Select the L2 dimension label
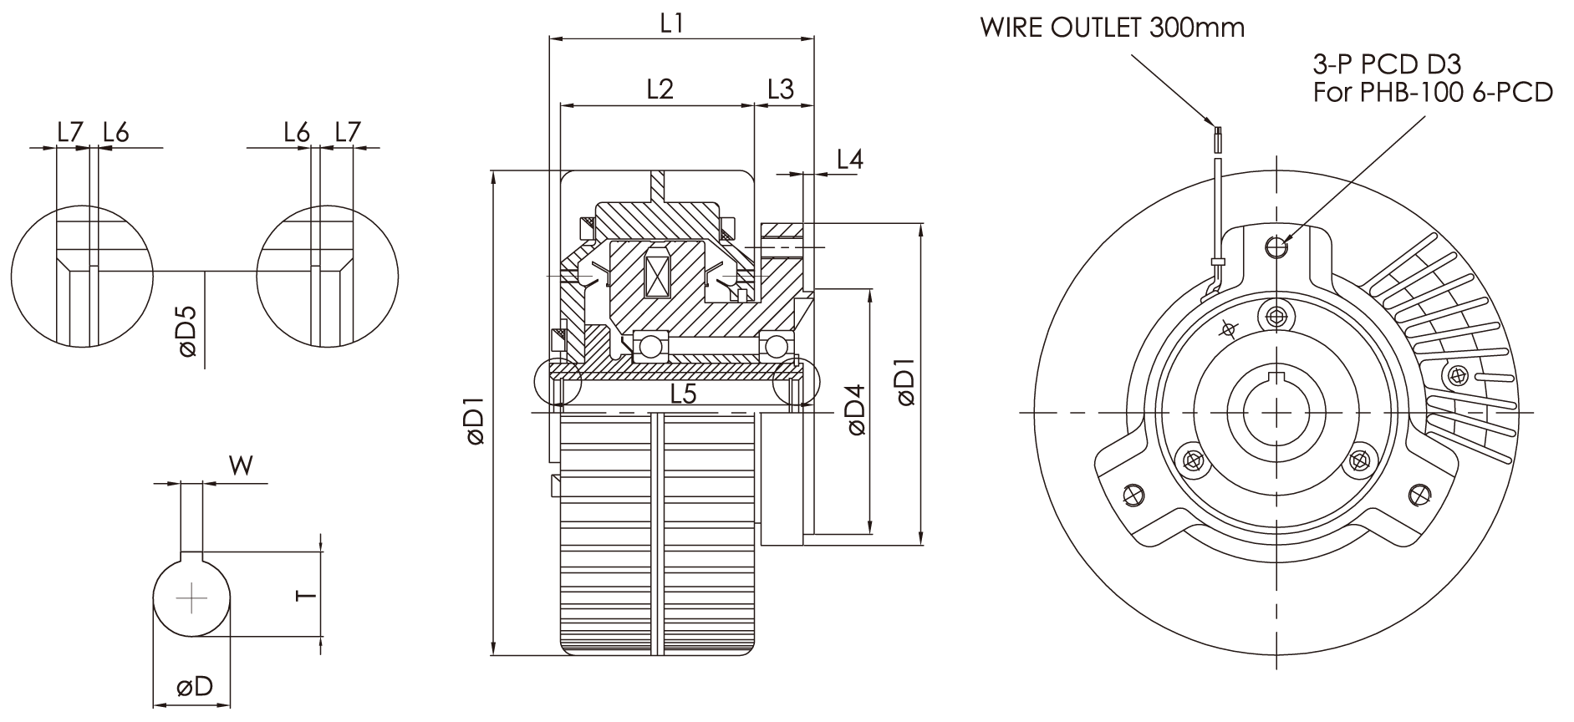tap(660, 89)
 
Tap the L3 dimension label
tap(781, 89)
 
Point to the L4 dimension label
tap(849, 159)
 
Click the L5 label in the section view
tap(683, 394)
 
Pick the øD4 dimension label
tap(856, 410)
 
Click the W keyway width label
tap(242, 465)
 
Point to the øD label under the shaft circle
tap(194, 687)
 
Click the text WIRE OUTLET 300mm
tap(1113, 28)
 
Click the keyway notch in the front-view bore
tap(1276, 377)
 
